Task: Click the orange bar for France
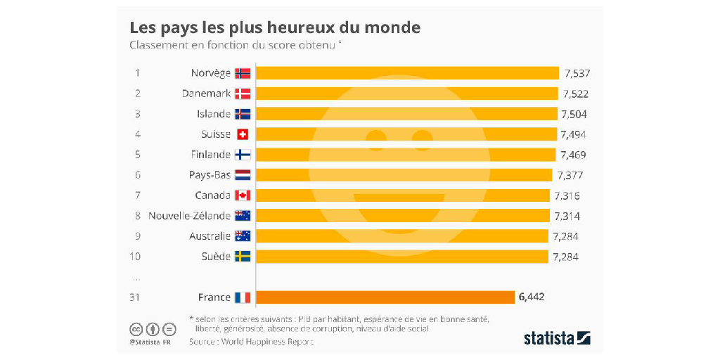385,297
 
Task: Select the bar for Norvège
407,73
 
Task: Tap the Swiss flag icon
243,134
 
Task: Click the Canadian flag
243,195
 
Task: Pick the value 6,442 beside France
531,297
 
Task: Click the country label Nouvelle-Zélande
189,216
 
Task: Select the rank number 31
134,297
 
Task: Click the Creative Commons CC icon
136,329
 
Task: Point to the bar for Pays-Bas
404,175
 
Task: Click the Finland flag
243,155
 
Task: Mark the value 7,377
569,175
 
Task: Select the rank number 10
136,257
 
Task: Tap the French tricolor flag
243,297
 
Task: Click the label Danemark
206,94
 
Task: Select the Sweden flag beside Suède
243,257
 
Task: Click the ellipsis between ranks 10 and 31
136,277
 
